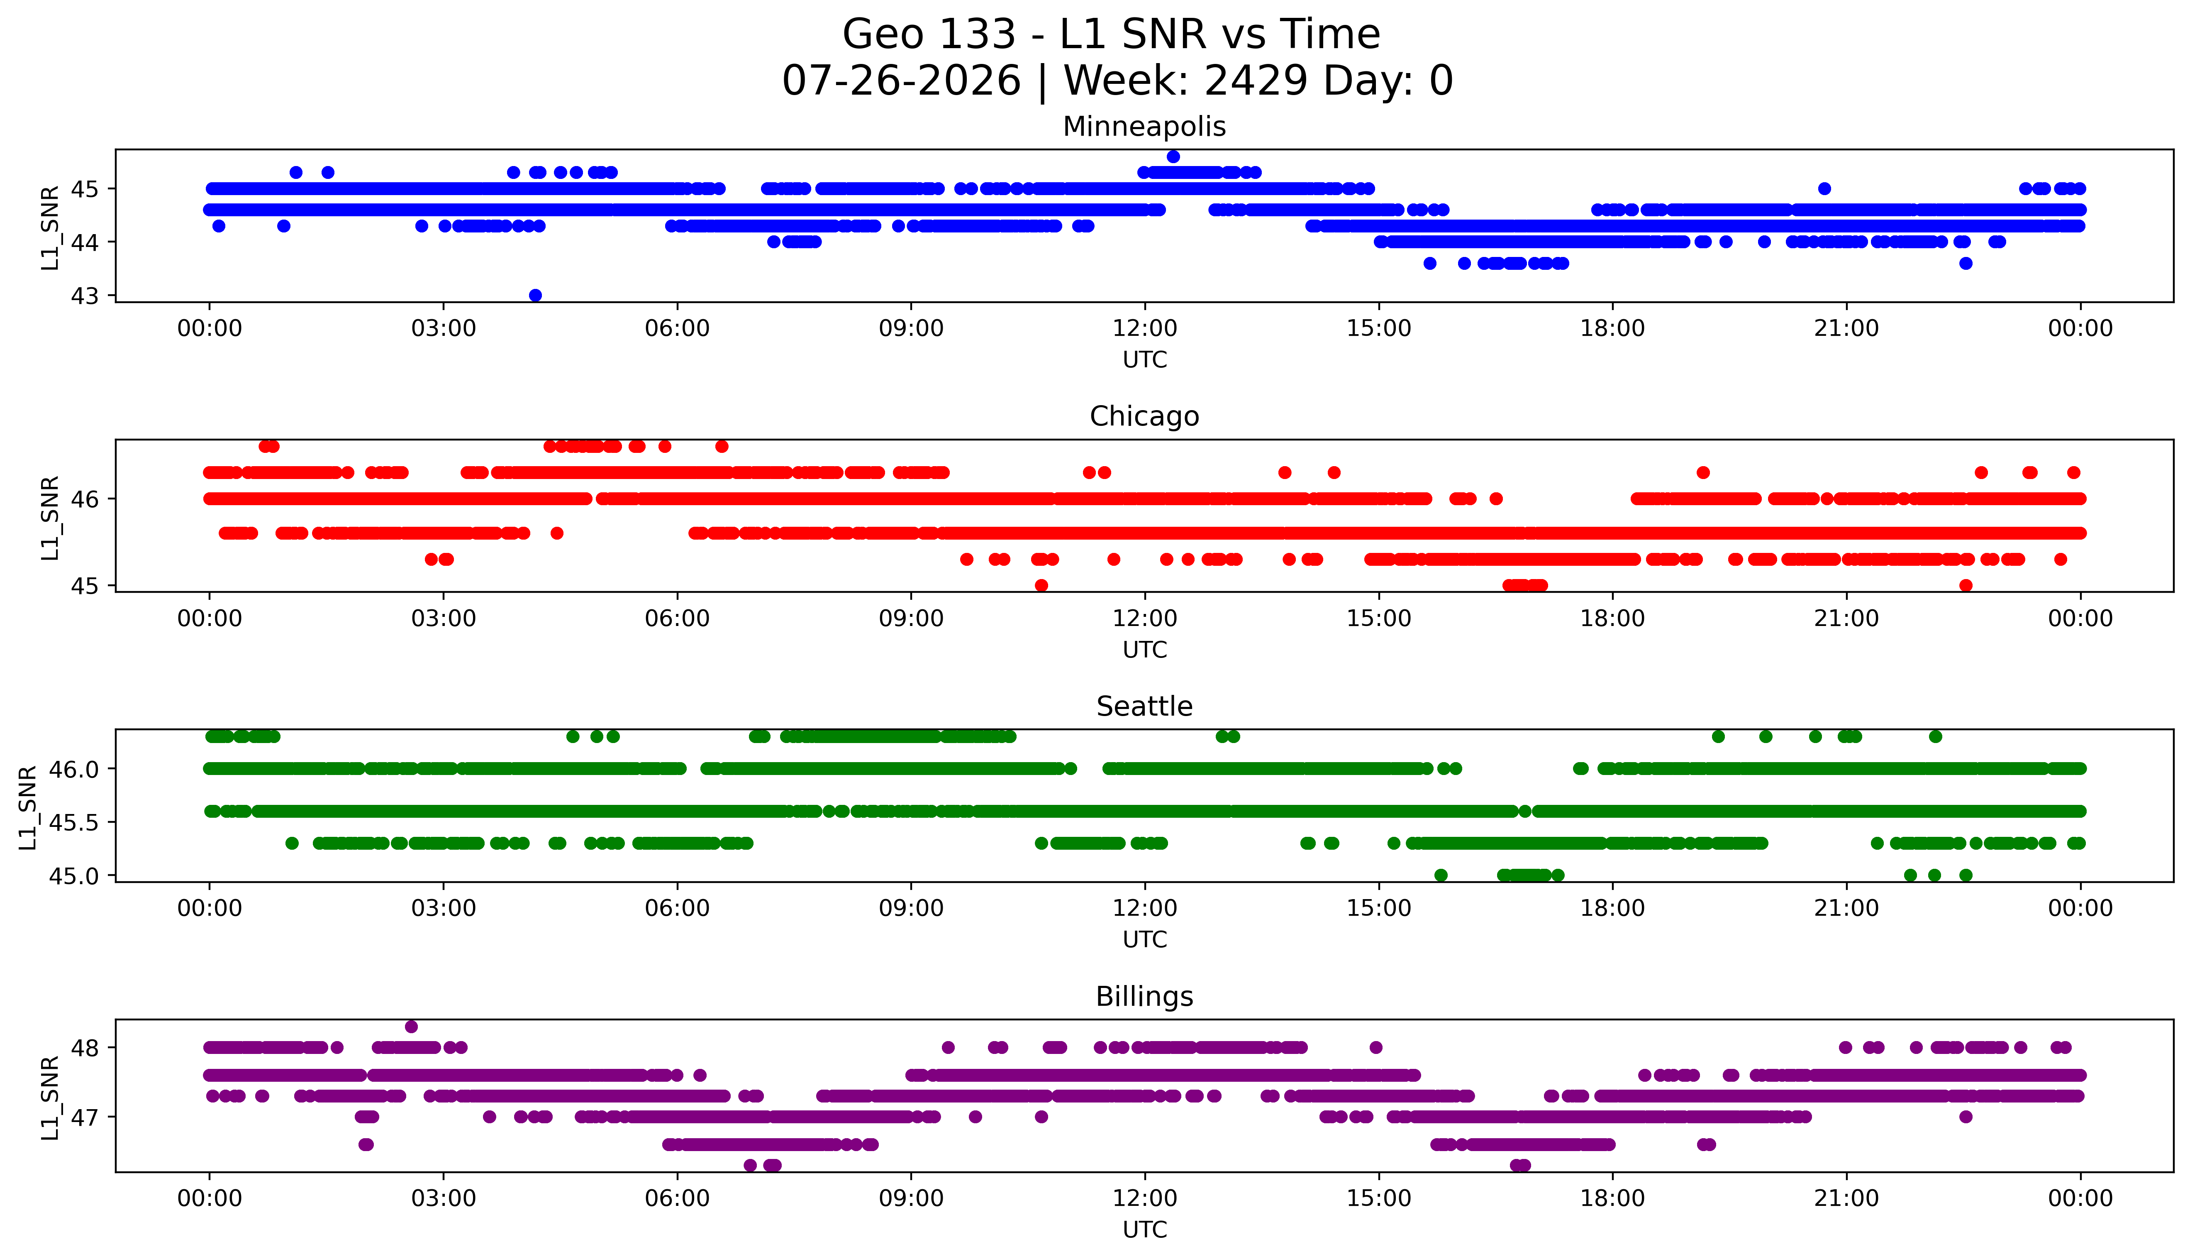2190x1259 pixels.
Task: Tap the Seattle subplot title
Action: pos(1144,707)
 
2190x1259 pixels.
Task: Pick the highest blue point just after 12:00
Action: pos(1173,156)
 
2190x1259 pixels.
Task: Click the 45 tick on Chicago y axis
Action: pos(85,585)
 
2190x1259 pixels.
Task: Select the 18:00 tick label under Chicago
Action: pos(1613,618)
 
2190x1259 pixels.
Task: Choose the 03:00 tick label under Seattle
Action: pos(444,908)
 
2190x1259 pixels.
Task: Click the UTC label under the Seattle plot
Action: pos(1144,939)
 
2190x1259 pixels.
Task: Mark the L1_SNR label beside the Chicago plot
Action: pos(50,517)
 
